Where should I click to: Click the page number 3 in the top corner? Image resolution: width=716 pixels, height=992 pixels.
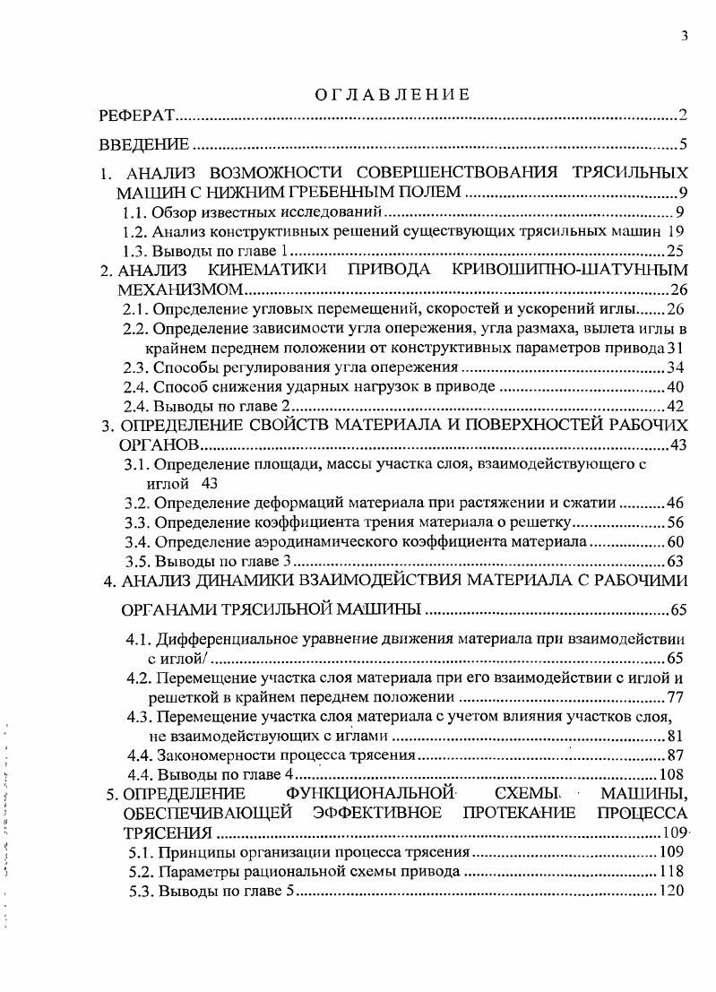coord(684,36)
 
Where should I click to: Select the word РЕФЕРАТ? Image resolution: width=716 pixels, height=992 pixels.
coord(135,116)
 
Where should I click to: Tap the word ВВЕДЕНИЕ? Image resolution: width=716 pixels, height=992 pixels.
coord(143,144)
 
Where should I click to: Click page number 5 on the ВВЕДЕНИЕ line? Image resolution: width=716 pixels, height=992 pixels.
coord(683,144)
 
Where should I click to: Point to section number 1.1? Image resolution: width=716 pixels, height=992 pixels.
coord(134,212)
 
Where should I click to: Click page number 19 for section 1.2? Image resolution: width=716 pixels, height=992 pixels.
coord(677,231)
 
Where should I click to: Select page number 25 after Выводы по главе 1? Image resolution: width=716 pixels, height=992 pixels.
coord(677,251)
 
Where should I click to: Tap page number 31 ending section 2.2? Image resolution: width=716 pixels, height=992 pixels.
coord(677,348)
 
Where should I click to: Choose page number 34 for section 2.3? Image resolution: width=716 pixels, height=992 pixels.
coord(677,367)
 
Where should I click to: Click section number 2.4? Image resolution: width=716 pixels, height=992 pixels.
coord(135,387)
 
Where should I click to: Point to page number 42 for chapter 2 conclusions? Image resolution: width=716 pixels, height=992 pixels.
coord(677,406)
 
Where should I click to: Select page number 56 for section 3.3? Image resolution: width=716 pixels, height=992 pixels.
coord(677,522)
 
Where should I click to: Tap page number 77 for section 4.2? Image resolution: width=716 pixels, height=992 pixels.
coord(677,697)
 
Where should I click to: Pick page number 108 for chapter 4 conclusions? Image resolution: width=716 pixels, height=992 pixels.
coord(672,775)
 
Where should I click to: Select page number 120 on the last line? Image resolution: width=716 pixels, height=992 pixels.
coord(672,891)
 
